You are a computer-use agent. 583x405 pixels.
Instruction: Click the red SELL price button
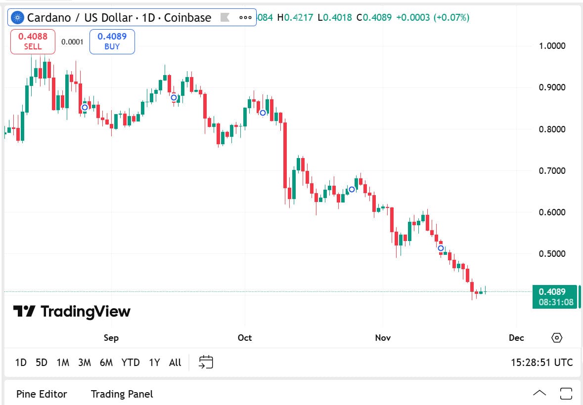(x=33, y=42)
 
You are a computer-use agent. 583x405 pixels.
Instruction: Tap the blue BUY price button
(x=112, y=42)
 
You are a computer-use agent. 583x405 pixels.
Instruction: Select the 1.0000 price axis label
(x=551, y=46)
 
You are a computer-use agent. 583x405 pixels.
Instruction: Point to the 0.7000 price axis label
(x=551, y=171)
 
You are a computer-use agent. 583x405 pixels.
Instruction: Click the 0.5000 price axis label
(x=551, y=254)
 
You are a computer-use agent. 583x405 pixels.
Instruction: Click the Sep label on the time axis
(x=111, y=338)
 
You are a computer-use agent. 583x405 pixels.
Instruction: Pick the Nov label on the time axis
(x=383, y=338)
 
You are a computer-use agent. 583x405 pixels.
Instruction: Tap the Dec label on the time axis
(x=516, y=338)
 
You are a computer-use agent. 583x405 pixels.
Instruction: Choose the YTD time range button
(x=131, y=363)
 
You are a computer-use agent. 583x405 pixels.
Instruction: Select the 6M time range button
(x=106, y=363)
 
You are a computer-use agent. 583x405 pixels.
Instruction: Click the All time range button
(x=175, y=363)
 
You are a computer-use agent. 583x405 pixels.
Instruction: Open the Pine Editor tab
(x=42, y=394)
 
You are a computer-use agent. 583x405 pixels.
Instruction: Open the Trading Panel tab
(x=122, y=394)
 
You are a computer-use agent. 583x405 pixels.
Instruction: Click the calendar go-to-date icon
(x=206, y=362)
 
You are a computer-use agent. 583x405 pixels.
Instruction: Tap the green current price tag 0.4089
(x=555, y=297)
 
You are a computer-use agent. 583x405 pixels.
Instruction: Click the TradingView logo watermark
(x=72, y=311)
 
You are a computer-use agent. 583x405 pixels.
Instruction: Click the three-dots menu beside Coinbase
(x=245, y=18)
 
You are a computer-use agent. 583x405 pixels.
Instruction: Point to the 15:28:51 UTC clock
(x=541, y=363)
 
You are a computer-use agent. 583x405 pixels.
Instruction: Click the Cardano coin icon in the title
(x=18, y=18)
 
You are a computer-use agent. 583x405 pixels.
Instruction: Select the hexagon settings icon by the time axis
(x=557, y=338)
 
